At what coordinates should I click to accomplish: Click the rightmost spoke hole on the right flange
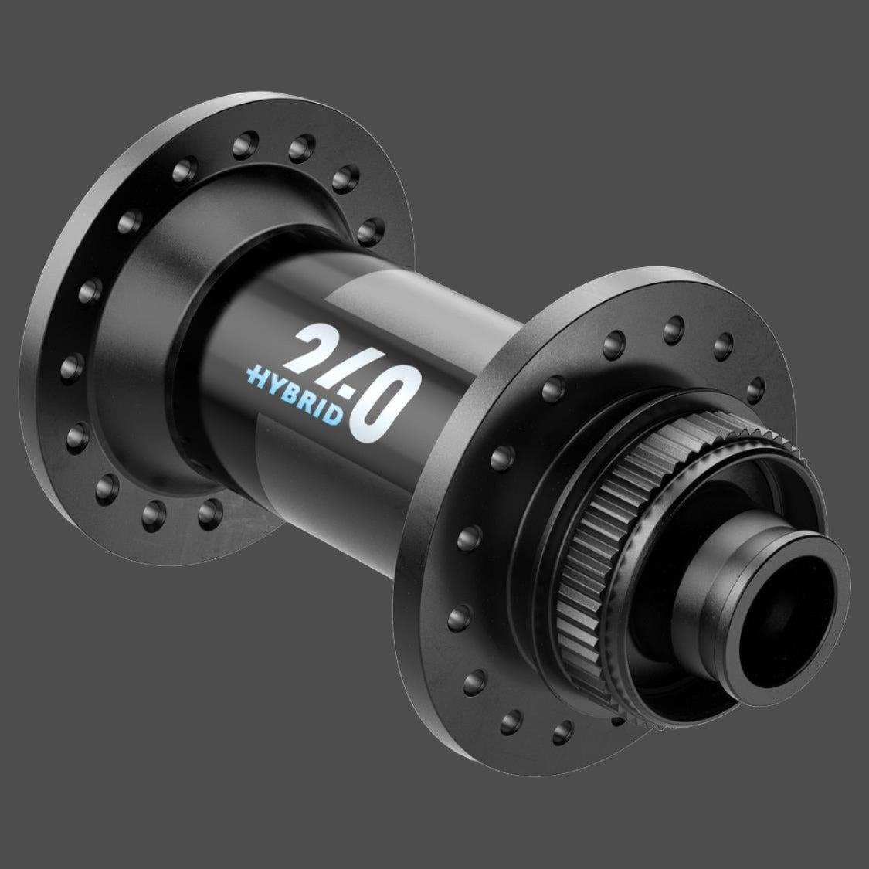(755, 385)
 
